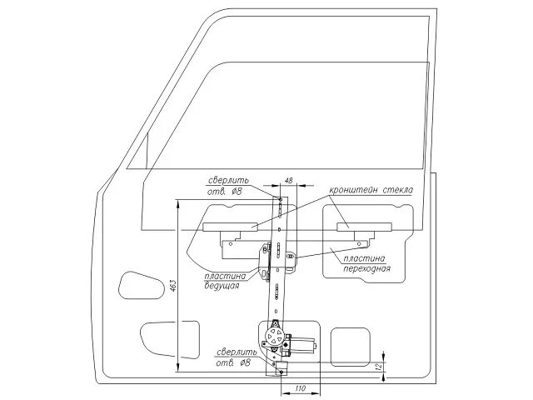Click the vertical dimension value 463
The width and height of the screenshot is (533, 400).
point(168,283)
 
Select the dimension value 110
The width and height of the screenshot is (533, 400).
point(301,388)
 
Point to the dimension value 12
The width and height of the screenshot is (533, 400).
point(379,366)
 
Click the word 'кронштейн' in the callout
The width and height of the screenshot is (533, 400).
point(355,190)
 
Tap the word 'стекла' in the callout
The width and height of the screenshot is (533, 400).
point(398,190)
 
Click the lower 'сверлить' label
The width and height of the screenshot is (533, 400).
point(235,352)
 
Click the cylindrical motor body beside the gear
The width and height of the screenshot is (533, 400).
point(304,343)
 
